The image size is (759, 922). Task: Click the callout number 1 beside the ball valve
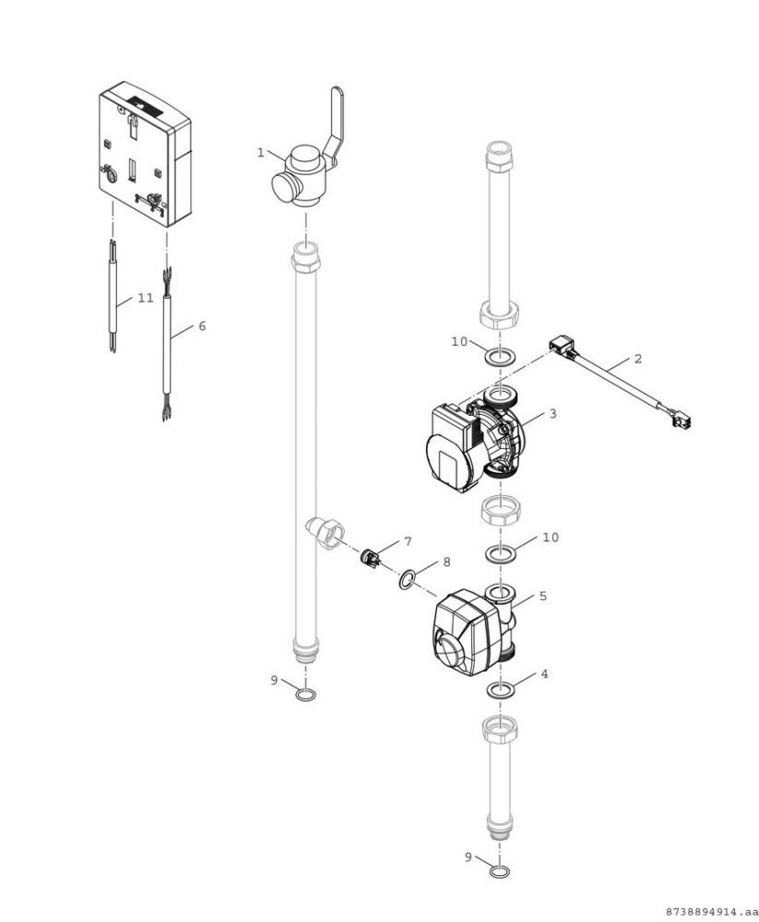coord(261,152)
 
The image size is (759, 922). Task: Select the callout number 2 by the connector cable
coord(637,358)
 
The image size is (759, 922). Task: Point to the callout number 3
coord(552,414)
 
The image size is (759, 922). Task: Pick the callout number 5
coord(543,597)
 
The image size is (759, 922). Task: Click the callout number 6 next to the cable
coord(202,326)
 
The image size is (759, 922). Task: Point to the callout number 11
coord(146,298)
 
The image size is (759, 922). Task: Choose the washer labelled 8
coord(407,579)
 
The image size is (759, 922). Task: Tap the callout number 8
coord(446,561)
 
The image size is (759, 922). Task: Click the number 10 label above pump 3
coord(459,341)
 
